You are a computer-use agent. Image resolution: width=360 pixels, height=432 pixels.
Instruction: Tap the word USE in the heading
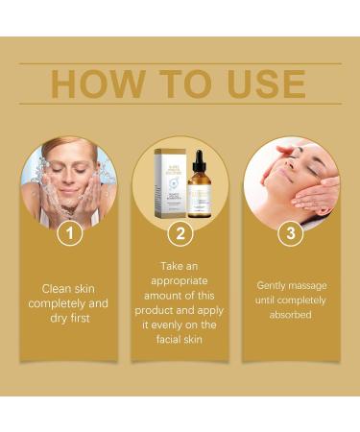267,84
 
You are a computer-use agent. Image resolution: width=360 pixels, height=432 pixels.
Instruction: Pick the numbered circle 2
180,233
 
